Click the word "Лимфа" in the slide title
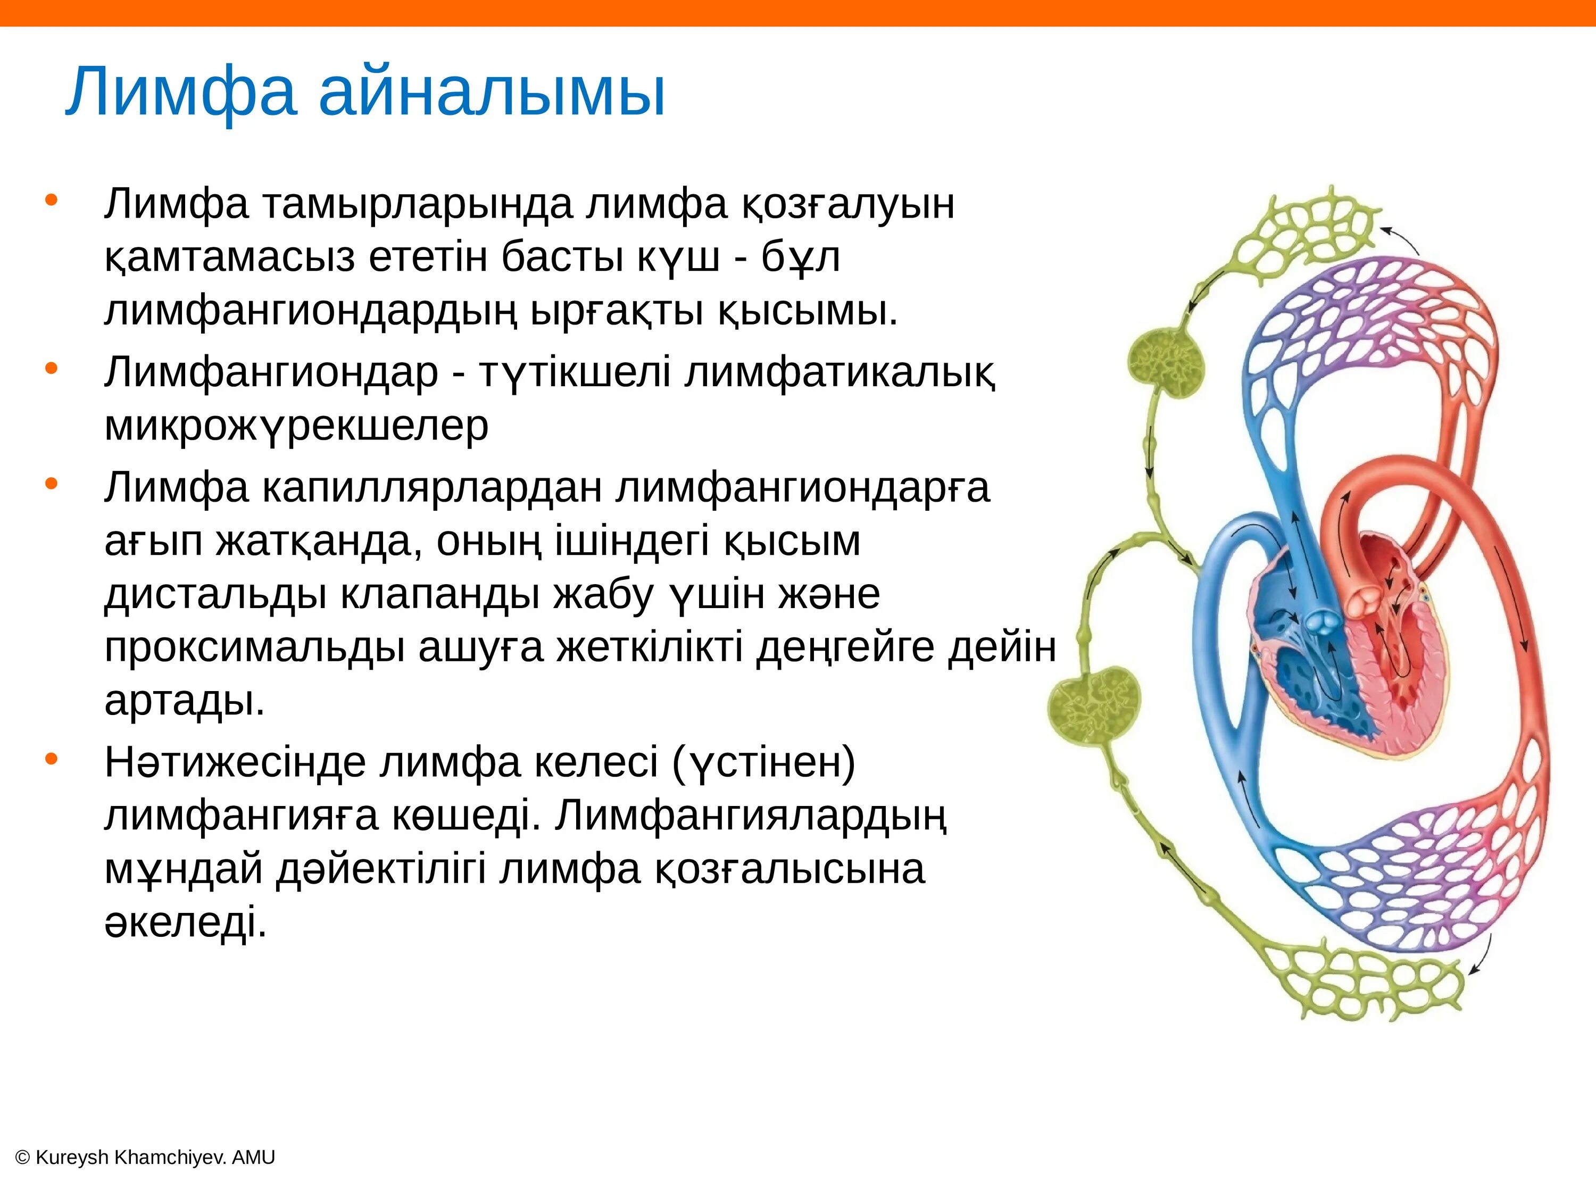coord(181,93)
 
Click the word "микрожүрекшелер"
coord(296,426)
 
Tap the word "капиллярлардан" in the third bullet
coord(431,488)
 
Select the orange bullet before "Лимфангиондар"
coord(51,369)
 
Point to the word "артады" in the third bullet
coord(185,700)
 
